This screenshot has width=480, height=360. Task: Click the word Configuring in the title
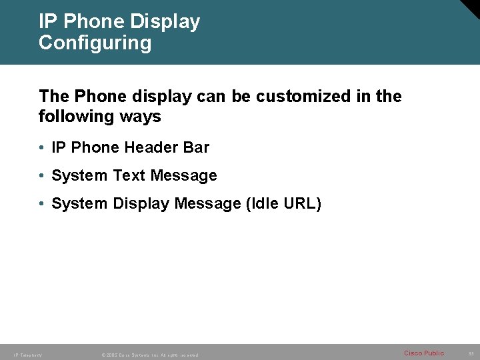click(95, 43)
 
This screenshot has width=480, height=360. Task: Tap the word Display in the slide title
click(165, 21)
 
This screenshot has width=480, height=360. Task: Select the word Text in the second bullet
click(129, 176)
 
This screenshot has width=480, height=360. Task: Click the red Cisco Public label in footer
click(424, 353)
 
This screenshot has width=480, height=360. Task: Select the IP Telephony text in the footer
click(27, 355)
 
